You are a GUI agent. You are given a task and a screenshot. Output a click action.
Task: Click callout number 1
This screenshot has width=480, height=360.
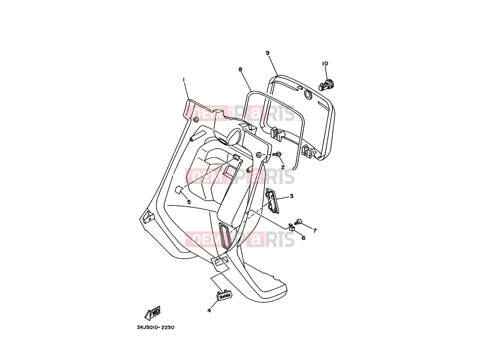click(x=184, y=80)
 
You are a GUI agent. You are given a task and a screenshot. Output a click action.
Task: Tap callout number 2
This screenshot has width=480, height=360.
click(x=283, y=167)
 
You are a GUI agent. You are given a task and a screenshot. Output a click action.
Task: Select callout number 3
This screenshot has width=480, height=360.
click(x=291, y=196)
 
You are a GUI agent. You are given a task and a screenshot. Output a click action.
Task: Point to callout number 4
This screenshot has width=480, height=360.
click(x=209, y=310)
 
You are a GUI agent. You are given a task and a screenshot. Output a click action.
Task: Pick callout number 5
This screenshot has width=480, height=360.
click(x=189, y=202)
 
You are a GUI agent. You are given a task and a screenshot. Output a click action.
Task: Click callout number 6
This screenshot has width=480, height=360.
click(x=304, y=238)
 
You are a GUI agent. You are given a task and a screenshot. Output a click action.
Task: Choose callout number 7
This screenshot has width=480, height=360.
click(x=315, y=231)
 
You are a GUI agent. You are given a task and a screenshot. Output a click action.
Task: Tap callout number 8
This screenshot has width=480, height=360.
click(x=240, y=69)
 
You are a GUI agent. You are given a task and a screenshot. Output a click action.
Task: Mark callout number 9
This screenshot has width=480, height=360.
click(x=268, y=53)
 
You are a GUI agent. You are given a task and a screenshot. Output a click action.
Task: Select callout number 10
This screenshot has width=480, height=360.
click(x=325, y=63)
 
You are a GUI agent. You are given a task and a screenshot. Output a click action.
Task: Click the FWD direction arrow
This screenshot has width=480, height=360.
click(x=153, y=313)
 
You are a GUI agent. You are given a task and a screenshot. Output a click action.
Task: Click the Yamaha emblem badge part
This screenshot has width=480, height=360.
click(x=224, y=295)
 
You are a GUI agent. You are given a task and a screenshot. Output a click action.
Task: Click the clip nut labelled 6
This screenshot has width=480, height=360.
click(x=291, y=227)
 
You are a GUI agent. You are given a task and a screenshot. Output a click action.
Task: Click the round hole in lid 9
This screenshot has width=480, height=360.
click(x=308, y=94)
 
